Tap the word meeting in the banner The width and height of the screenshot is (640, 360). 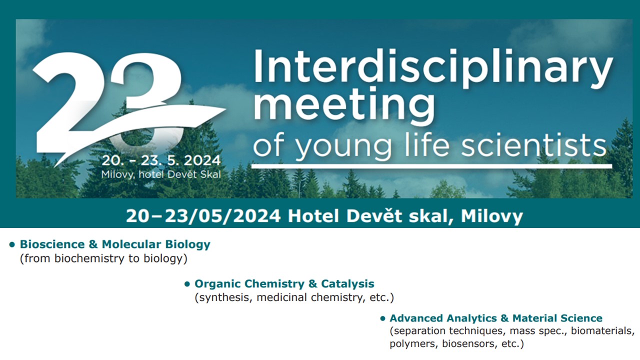coord(344,106)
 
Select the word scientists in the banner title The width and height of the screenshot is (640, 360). coord(533,145)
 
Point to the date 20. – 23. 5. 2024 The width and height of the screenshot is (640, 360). coord(161,160)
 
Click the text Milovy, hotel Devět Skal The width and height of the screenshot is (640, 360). coord(161,174)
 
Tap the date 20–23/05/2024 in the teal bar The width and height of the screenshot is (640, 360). coord(203,216)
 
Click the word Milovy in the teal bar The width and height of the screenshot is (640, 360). coord(491,216)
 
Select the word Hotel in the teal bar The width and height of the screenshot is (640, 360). coord(313,216)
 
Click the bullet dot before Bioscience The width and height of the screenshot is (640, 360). coord(12,244)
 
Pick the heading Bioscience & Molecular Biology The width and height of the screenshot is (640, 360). coord(115,244)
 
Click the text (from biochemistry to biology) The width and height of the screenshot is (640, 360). coord(103,258)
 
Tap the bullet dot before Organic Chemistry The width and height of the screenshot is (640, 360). coord(187,284)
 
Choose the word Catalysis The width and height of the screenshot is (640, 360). coord(347,283)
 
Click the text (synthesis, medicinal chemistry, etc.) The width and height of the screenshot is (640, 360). coord(294,297)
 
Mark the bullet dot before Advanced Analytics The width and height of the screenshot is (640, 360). coord(382,318)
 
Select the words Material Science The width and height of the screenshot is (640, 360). coord(557,318)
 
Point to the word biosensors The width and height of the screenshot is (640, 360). coord(468,343)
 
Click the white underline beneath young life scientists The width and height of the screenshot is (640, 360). coord(431,166)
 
